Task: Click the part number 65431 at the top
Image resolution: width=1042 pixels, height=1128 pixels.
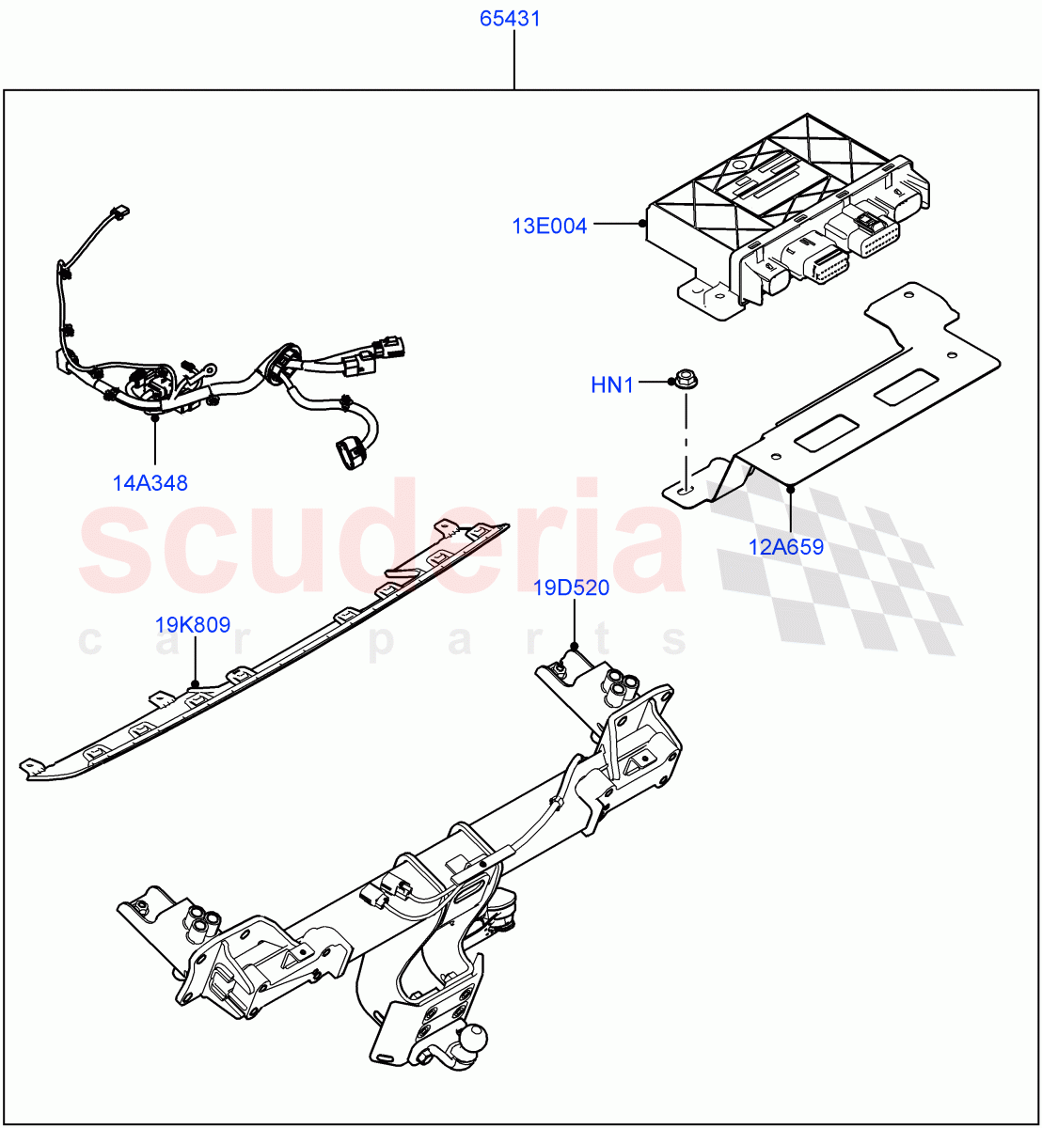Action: click(x=511, y=19)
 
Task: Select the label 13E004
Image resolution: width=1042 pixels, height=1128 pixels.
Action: click(x=549, y=226)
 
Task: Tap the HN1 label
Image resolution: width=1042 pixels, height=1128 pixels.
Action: click(x=612, y=384)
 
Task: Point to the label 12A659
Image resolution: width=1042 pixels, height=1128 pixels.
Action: click(x=786, y=547)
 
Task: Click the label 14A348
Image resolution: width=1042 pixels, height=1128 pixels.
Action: click(x=150, y=483)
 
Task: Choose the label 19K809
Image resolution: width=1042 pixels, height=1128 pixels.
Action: click(x=193, y=625)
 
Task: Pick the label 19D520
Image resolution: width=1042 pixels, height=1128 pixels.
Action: click(x=572, y=588)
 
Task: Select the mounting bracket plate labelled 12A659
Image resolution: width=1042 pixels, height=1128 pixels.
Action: click(x=846, y=395)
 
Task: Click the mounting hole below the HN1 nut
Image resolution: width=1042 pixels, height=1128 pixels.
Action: click(x=684, y=489)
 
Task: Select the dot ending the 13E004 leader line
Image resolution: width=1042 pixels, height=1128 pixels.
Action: click(x=642, y=224)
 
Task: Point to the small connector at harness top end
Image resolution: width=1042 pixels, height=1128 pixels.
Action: click(x=119, y=213)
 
